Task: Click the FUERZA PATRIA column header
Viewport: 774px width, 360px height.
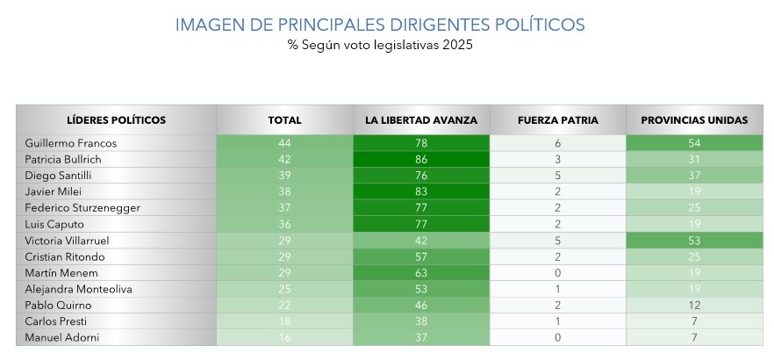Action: coord(557,120)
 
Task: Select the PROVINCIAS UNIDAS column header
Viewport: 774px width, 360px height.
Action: coord(694,120)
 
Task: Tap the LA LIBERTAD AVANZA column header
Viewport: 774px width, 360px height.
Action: coord(421,120)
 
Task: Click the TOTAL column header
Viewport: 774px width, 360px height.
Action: coord(284,120)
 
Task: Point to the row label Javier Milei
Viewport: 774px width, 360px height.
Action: coord(52,191)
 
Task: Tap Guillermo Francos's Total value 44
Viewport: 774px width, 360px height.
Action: coord(284,142)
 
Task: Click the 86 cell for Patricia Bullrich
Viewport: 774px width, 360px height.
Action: coord(421,159)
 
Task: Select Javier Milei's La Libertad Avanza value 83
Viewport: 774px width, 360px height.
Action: coord(421,191)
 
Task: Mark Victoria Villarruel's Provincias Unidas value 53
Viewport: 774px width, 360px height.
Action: coord(694,240)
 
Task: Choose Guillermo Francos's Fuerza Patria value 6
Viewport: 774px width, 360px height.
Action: coord(557,142)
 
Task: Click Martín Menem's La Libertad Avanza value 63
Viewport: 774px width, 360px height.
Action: coord(421,272)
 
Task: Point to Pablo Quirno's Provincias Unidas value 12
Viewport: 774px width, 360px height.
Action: coord(694,306)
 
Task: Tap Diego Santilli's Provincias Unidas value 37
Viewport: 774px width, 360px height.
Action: coord(694,175)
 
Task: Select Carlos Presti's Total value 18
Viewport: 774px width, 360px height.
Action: coord(284,321)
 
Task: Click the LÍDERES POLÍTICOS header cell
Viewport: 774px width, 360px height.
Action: coord(116,120)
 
